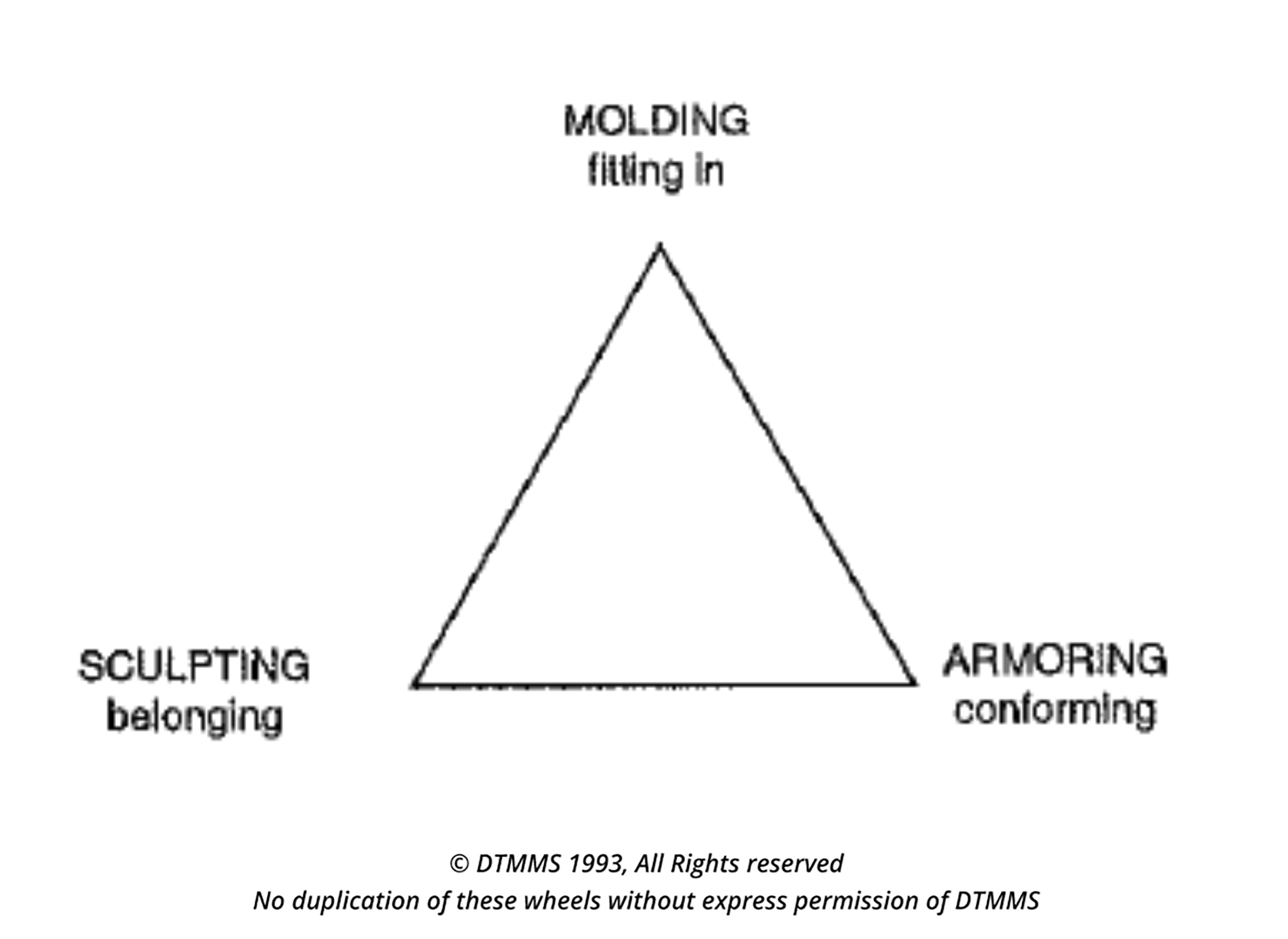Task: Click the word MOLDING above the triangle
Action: [x=656, y=120]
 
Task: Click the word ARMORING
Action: [x=1055, y=660]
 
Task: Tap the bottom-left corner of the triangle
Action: [x=412, y=686]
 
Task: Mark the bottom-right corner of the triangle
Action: [x=915, y=684]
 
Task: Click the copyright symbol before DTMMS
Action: [x=459, y=864]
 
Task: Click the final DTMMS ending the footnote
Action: [x=997, y=901]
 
